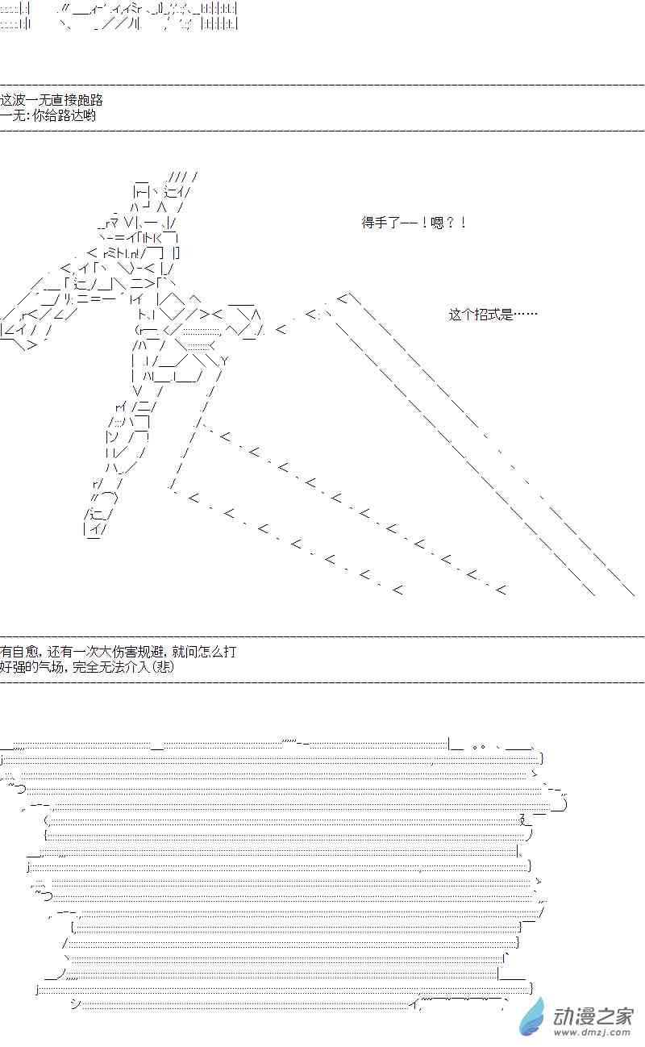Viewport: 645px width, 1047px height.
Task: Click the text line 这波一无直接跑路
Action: coord(52,101)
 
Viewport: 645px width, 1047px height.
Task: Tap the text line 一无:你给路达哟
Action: coord(48,115)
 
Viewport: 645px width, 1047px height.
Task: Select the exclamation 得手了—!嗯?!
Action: coord(414,223)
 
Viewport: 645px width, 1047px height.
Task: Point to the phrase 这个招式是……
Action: coord(493,315)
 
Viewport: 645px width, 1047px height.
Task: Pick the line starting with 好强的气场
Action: coord(87,667)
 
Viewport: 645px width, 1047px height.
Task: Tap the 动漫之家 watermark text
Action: coord(593,1016)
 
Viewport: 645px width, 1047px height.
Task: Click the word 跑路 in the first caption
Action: coord(91,101)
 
